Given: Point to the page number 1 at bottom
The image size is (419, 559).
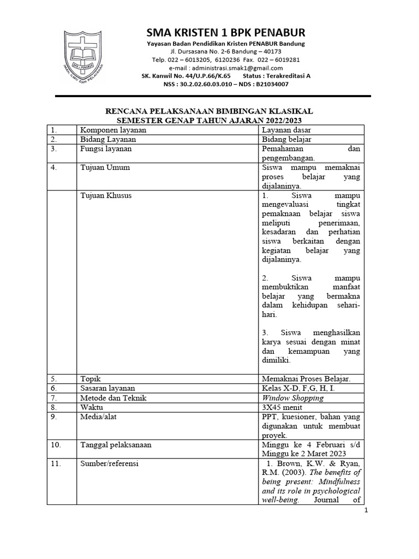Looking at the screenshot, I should (x=367, y=510).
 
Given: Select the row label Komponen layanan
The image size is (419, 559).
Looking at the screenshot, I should (x=113, y=130).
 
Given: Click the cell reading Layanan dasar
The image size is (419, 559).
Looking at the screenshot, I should (x=286, y=130).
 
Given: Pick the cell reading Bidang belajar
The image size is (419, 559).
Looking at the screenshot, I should (x=287, y=139).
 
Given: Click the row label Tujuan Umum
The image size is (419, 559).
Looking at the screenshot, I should (x=105, y=168).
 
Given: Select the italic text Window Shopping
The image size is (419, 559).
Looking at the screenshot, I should (x=292, y=398).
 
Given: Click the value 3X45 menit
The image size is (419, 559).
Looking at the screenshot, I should (x=284, y=407).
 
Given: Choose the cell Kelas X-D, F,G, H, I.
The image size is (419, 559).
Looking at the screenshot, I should (x=298, y=388).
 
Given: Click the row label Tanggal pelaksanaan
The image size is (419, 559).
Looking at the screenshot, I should (x=116, y=445).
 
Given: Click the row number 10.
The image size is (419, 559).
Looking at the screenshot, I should (x=56, y=445).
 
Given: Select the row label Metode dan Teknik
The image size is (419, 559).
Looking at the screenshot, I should (x=113, y=398).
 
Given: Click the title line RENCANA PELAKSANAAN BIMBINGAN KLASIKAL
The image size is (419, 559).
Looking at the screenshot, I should (x=209, y=111).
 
